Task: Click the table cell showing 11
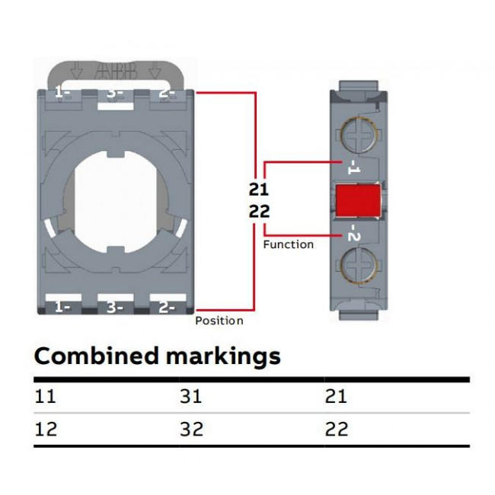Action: tap(46, 396)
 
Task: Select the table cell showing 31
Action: tap(191, 396)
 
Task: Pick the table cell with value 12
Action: tap(46, 429)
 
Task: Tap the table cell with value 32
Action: tap(191, 429)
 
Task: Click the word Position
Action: tap(219, 321)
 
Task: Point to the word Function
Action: tap(288, 244)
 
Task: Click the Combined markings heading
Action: tap(158, 356)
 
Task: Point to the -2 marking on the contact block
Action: tap(353, 233)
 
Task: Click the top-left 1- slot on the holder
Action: tap(62, 94)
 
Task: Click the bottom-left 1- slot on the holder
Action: tap(62, 307)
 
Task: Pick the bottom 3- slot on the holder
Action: tap(114, 307)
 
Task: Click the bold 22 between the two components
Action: tap(259, 212)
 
